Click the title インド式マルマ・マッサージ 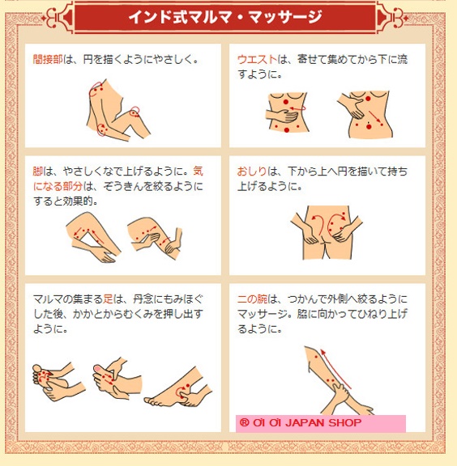coord(225,17)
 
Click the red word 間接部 coord(48,59)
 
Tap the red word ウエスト coord(257,59)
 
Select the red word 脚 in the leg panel coord(37,172)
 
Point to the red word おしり coord(252,172)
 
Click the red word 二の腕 coord(252,299)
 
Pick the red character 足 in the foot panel coord(108,299)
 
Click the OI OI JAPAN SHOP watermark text coord(301,422)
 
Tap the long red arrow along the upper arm coord(335,369)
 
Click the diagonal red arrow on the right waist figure coord(375,116)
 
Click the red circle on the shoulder coord(96,89)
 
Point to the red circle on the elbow coord(102,130)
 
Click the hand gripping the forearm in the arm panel coord(340,392)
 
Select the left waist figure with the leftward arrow coord(287,112)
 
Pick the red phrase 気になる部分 coord(118,179)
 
